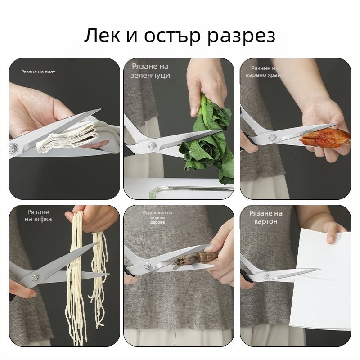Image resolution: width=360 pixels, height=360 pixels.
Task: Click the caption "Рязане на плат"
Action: click(x=38, y=72)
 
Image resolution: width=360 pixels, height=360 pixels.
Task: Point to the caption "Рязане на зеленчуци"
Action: click(x=150, y=71)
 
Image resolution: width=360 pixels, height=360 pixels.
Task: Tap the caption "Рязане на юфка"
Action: click(x=38, y=216)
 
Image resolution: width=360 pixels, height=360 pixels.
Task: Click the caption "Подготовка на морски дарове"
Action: click(x=157, y=217)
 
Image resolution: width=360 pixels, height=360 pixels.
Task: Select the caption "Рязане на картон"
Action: click(x=266, y=217)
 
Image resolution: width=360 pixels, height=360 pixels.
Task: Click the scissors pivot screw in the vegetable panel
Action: click(x=152, y=145)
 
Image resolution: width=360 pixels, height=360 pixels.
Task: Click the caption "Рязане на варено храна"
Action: click(x=265, y=72)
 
